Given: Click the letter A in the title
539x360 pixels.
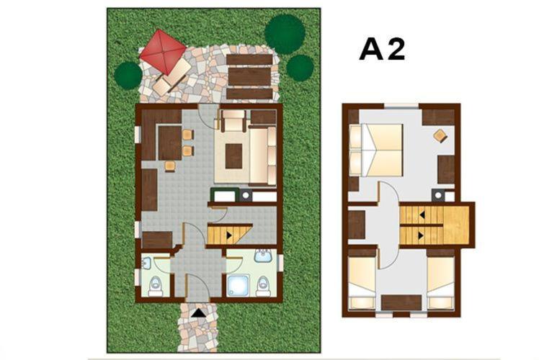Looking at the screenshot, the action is (x=372, y=50).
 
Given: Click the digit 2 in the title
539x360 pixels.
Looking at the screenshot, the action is (x=397, y=50).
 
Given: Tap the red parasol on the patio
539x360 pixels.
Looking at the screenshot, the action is (x=163, y=52).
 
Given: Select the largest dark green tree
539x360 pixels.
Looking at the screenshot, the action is (x=285, y=35).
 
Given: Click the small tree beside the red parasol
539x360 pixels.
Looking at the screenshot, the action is (x=128, y=76).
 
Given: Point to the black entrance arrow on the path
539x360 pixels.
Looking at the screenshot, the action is (x=198, y=313).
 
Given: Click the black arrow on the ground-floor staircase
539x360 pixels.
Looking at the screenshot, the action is (x=229, y=235).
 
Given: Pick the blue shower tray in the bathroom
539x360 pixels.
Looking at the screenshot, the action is (x=239, y=285).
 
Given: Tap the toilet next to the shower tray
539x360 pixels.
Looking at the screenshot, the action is (x=263, y=286).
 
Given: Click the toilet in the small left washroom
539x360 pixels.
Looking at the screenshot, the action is (x=156, y=287).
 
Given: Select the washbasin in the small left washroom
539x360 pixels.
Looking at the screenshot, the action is (x=146, y=264).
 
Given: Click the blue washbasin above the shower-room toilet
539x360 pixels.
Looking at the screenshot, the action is (x=263, y=256).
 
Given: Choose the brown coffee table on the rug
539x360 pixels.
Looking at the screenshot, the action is (x=233, y=156).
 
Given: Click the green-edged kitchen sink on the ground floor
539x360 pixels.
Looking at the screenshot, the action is (x=225, y=195).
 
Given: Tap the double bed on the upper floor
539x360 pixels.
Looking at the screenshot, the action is (x=375, y=150).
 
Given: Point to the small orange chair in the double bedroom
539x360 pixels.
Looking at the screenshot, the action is (x=440, y=135).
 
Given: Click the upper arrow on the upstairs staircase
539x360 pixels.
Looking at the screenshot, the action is (x=422, y=215).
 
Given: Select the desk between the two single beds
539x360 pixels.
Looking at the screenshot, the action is (x=401, y=302).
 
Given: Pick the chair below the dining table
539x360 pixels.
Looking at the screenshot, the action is (x=170, y=166).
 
